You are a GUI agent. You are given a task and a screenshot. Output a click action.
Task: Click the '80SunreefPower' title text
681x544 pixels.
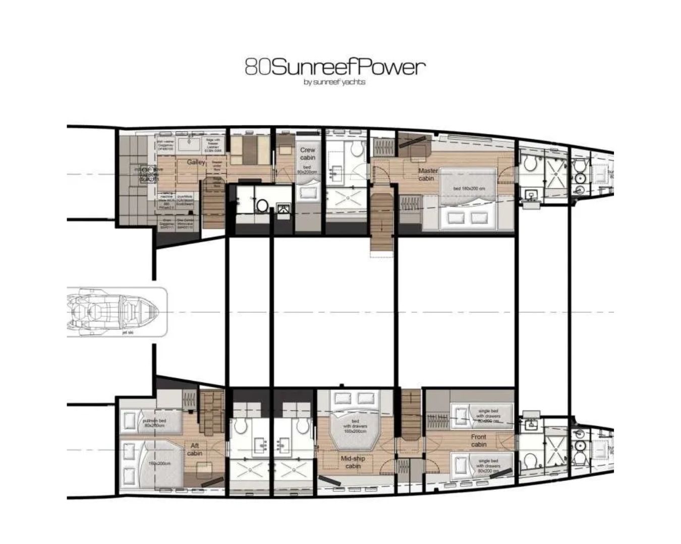click(334, 67)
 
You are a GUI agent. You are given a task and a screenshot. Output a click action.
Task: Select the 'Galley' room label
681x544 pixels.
click(196, 162)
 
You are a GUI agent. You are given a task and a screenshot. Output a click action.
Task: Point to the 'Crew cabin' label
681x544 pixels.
click(307, 154)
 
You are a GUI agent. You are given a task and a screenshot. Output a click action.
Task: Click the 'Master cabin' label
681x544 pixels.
click(427, 174)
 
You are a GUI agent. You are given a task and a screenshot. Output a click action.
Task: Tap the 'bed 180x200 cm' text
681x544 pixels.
click(469, 188)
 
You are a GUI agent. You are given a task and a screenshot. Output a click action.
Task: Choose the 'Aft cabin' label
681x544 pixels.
click(195, 449)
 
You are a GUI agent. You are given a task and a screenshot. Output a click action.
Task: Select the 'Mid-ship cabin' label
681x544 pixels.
click(353, 462)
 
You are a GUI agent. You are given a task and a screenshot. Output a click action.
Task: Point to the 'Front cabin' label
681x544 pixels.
click(478, 440)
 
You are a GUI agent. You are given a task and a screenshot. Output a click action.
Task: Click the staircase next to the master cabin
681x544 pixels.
click(382, 222)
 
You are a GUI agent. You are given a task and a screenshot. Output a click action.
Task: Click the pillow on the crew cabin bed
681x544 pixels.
click(307, 194)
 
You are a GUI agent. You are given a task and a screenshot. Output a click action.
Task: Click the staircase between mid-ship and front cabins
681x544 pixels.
click(410, 416)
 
